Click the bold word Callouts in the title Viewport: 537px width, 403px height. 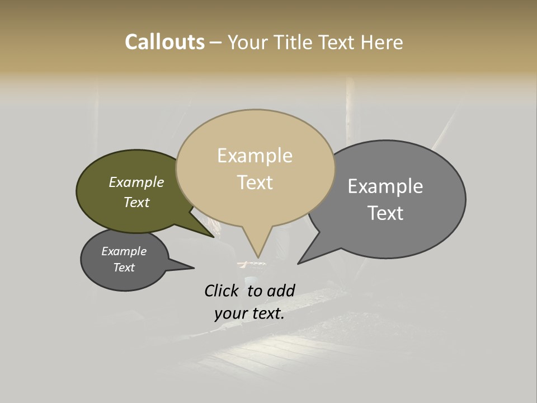(x=164, y=42)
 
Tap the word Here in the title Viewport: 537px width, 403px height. (x=383, y=42)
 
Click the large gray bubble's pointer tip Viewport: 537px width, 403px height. (x=299, y=263)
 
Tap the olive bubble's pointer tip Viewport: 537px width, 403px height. (x=213, y=237)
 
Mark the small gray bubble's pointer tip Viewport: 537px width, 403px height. (x=194, y=268)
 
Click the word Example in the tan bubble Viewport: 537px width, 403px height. (x=255, y=156)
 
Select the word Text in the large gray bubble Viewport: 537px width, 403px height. (x=385, y=213)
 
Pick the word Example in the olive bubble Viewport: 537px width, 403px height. (x=136, y=182)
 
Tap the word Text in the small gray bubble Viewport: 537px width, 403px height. (x=124, y=268)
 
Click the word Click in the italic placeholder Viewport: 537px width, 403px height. (x=221, y=290)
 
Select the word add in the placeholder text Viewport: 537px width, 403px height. (x=281, y=290)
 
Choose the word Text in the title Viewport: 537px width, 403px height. (x=340, y=42)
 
